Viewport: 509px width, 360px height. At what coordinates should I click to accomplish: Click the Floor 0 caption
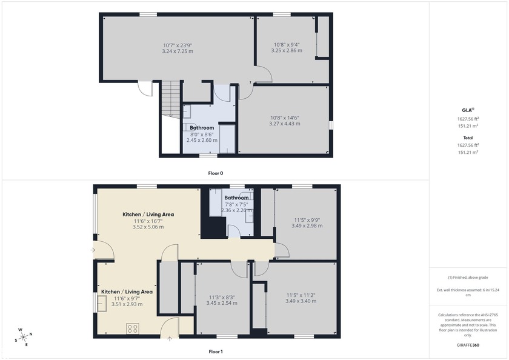[216, 173]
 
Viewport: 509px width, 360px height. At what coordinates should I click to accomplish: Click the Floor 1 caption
[216, 352]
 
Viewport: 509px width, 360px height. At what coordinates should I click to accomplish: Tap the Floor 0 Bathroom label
[202, 128]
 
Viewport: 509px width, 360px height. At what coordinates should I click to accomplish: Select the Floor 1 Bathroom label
[236, 198]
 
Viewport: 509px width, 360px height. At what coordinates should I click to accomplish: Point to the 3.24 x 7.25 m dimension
[178, 52]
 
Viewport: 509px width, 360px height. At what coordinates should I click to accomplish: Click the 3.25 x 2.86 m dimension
[287, 51]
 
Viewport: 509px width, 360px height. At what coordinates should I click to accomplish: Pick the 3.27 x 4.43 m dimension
[285, 124]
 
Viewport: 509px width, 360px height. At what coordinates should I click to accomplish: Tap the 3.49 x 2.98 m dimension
[305, 226]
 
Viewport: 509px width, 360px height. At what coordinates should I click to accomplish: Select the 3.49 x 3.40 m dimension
[301, 301]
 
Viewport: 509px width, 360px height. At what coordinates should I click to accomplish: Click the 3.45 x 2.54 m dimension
[221, 302]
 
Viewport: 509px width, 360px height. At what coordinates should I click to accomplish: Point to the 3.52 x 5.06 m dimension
[148, 227]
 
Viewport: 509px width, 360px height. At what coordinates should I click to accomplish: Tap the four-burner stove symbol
[133, 329]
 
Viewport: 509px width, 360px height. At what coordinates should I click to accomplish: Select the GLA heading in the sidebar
[468, 110]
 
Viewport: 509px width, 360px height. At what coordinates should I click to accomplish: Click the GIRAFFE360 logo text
[468, 345]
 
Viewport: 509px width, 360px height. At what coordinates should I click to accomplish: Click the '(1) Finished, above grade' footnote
[468, 278]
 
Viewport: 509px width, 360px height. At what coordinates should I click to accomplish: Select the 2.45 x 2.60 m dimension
[202, 140]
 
